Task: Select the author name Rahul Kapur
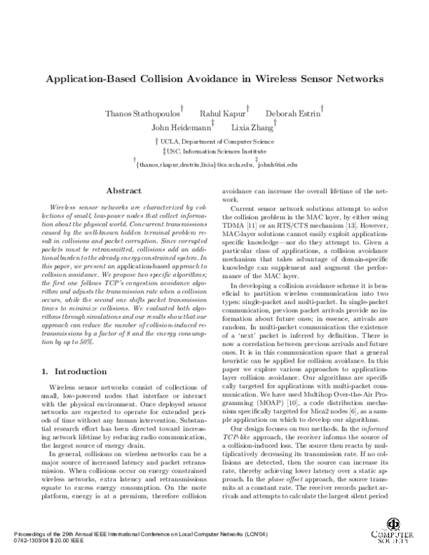[220, 114]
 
